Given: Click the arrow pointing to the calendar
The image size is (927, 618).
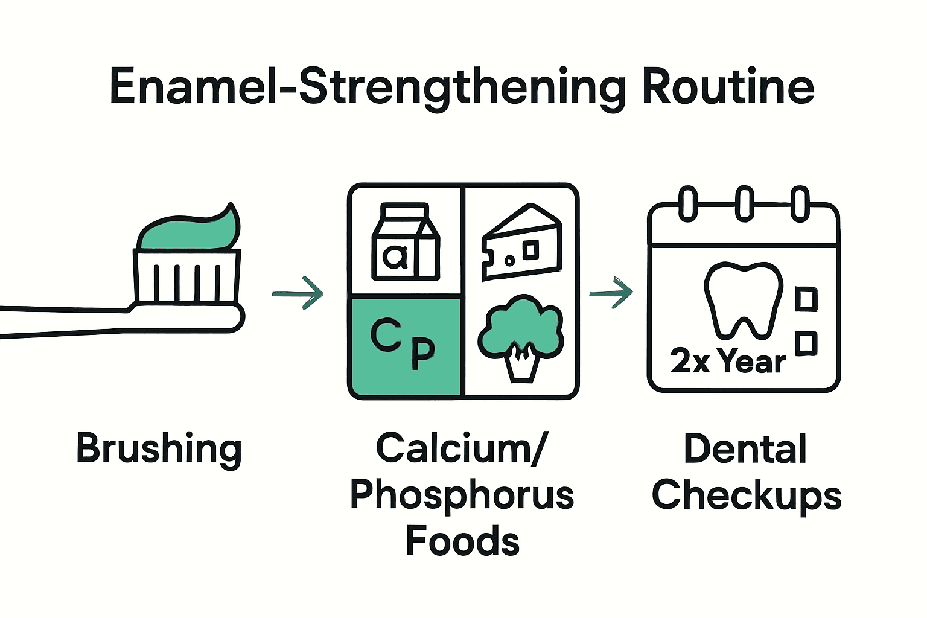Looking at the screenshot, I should [611, 293].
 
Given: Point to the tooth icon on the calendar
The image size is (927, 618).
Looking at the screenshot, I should [743, 299].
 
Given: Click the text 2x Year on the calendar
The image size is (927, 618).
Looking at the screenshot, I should [728, 362].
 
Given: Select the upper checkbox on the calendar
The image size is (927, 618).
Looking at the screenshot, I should [806, 299].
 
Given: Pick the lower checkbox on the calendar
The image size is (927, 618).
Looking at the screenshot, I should [806, 343].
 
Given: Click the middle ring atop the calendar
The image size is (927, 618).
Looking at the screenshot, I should [744, 203].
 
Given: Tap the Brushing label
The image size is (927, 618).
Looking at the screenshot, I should [159, 449].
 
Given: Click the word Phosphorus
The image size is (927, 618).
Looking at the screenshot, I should [462, 495].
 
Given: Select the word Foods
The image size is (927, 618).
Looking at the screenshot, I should [462, 541].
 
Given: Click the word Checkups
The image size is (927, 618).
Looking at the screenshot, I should [747, 496].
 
